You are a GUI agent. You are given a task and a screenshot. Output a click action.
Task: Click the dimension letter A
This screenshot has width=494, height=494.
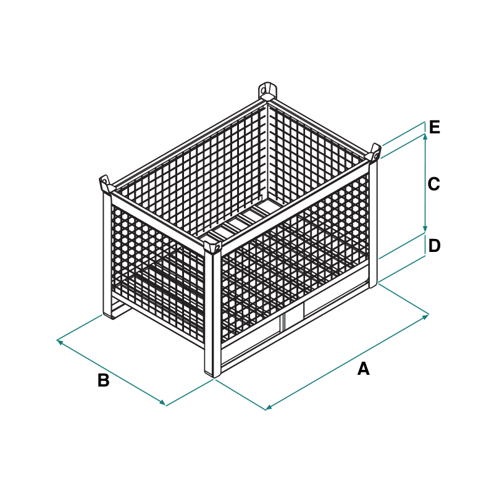pyautogui.click(x=363, y=368)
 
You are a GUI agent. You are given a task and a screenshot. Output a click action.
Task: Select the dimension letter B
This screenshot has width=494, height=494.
pyautogui.click(x=103, y=380)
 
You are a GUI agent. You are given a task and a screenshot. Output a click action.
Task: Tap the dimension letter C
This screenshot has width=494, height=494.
pyautogui.click(x=433, y=184)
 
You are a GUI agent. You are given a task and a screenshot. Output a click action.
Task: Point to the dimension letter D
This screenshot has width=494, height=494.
pyautogui.click(x=434, y=246)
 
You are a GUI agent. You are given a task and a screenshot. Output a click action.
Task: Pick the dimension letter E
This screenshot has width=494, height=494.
pyautogui.click(x=435, y=127)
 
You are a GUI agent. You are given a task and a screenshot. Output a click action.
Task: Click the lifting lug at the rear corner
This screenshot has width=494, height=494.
pyautogui.click(x=267, y=91)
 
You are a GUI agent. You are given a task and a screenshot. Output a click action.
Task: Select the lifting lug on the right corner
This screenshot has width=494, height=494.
pyautogui.click(x=374, y=153)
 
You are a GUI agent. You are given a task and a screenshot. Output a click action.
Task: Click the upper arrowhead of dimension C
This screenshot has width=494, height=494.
pyautogui.click(x=425, y=136)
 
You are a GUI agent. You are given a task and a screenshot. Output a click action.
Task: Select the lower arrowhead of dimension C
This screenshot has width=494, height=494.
pyautogui.click(x=425, y=229)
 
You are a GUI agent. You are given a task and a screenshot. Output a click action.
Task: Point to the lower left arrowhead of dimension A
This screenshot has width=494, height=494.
pyautogui.click(x=269, y=408)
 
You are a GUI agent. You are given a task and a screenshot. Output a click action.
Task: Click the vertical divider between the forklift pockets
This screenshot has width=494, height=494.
pyautogui.click(x=283, y=322)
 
